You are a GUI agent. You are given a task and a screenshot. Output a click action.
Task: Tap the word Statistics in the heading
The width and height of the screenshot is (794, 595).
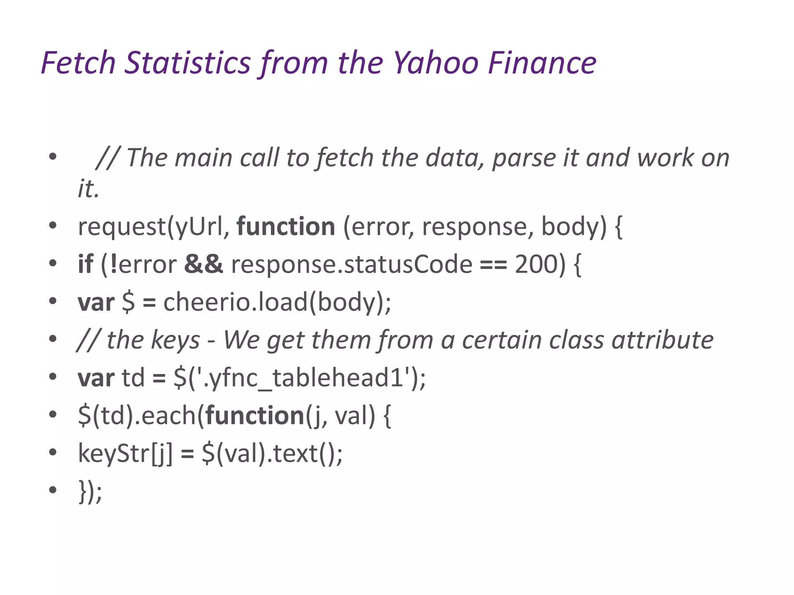(x=188, y=63)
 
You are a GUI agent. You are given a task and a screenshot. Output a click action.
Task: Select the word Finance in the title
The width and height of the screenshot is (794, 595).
(x=542, y=63)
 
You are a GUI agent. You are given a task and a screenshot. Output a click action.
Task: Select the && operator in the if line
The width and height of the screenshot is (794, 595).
(x=204, y=264)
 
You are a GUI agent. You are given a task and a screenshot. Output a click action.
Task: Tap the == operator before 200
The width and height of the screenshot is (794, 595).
(x=493, y=265)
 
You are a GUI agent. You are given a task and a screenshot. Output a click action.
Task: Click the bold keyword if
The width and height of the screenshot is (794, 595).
(x=85, y=264)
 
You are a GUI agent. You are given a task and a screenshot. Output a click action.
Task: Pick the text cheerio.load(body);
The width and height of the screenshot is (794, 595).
(x=277, y=302)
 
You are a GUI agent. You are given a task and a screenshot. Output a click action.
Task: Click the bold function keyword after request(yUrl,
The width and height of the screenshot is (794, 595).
(x=286, y=227)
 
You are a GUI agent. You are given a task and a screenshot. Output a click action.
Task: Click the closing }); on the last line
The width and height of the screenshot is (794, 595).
(x=90, y=491)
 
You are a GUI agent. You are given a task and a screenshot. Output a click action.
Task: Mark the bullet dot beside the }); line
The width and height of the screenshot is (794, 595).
(x=53, y=490)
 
